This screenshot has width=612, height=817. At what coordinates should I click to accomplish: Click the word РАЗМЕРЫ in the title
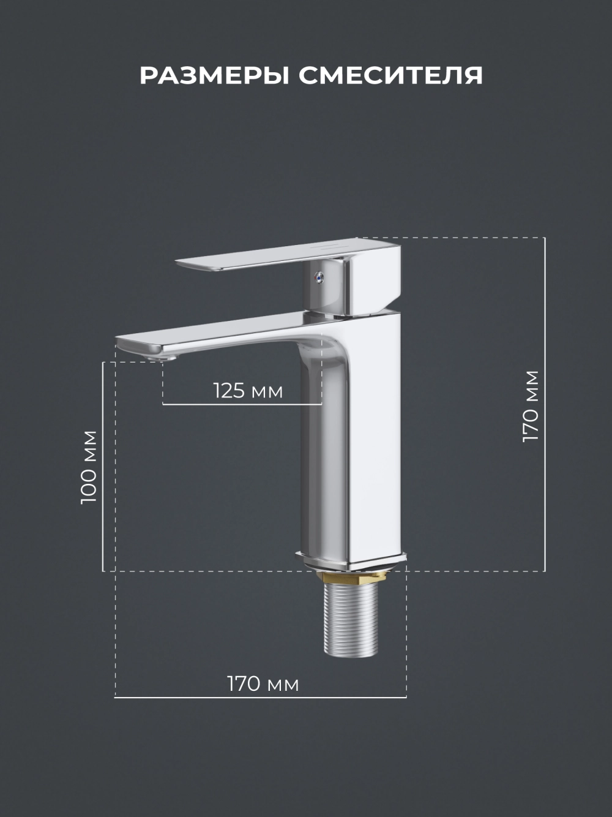[215, 76]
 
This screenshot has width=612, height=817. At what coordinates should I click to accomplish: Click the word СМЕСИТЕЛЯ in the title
[391, 76]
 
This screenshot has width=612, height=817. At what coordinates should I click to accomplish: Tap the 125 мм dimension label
[248, 391]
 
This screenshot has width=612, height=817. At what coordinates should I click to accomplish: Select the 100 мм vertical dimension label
[89, 467]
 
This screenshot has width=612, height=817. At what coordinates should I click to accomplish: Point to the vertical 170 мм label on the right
[531, 406]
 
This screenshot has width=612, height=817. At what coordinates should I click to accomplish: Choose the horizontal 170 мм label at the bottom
[263, 683]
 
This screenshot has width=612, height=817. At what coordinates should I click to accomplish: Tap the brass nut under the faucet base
[351, 578]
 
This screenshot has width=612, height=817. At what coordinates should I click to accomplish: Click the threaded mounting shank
[351, 619]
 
